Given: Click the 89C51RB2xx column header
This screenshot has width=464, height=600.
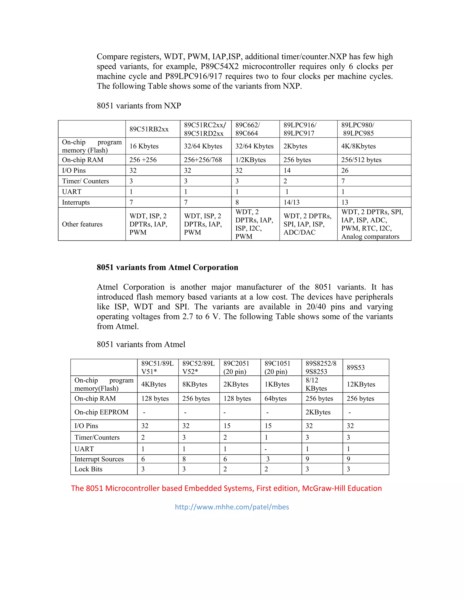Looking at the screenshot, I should [x=149, y=129].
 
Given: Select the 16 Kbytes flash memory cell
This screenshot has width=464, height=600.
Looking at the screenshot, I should [x=144, y=146].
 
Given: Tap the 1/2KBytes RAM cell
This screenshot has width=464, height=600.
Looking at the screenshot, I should [x=250, y=160].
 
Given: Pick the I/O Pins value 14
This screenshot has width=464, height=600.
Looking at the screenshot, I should [x=287, y=171].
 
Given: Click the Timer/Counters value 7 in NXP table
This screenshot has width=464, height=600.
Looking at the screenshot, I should [x=343, y=181].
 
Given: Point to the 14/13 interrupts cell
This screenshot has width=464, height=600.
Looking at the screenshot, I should [x=291, y=202].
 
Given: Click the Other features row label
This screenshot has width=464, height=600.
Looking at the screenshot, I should [x=82, y=224].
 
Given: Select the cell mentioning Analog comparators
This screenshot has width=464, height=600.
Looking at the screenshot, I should [x=372, y=224].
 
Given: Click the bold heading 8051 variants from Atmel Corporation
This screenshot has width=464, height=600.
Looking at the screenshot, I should [x=167, y=267].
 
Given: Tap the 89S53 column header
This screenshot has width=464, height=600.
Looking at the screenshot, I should [x=355, y=367].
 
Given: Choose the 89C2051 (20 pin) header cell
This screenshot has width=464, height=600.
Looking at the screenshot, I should [x=236, y=367].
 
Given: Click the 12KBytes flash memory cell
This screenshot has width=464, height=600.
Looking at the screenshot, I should [x=361, y=384].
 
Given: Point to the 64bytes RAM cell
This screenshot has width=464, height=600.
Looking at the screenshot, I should [x=275, y=399].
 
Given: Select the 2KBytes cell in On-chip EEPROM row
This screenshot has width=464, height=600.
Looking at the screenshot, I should [x=318, y=412].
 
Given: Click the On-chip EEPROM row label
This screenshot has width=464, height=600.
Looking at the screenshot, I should [x=101, y=412].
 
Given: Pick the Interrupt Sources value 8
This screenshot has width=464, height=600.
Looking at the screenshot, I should [x=184, y=459].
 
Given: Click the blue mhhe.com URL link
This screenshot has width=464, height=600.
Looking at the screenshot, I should [x=232, y=507].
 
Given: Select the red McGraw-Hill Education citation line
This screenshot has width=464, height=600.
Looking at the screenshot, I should [x=226, y=488].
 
